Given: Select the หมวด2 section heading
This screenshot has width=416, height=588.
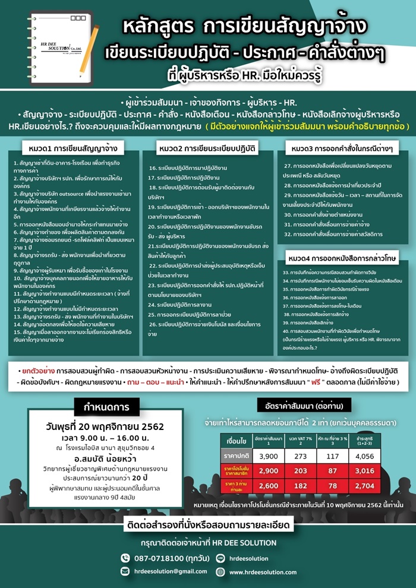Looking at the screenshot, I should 207,147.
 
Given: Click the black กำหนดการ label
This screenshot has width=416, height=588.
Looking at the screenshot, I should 106,407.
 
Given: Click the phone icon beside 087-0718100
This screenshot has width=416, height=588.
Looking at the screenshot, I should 125,558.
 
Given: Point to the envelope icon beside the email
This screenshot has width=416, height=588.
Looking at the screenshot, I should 125,571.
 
